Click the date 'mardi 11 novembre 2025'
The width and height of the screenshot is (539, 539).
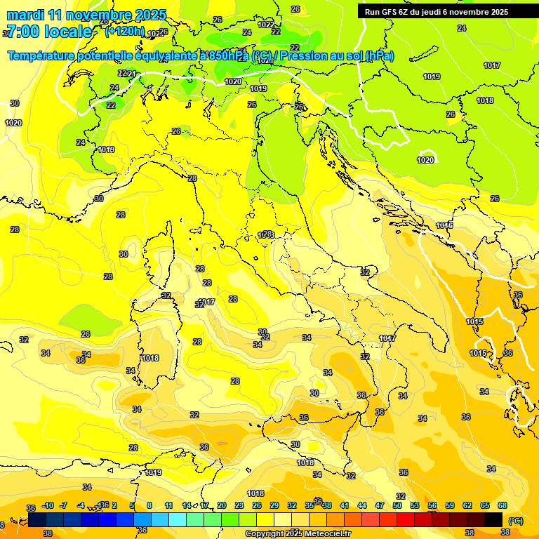click(x=86, y=15)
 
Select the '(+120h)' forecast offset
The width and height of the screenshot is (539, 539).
click(x=125, y=31)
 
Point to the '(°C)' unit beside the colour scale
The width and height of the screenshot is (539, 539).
click(x=515, y=521)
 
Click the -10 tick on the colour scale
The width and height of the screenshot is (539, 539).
click(x=48, y=505)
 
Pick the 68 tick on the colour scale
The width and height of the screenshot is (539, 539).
click(x=503, y=505)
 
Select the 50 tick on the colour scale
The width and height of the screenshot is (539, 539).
click(x=397, y=505)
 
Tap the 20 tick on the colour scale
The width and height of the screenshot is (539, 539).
click(x=222, y=505)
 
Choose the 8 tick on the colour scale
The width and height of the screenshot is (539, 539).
click(x=149, y=505)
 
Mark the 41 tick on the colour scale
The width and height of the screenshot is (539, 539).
click(x=345, y=505)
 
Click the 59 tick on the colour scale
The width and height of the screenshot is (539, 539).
click(x=450, y=505)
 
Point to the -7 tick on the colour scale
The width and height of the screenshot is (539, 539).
click(x=64, y=505)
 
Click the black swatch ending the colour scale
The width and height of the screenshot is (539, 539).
click(x=493, y=519)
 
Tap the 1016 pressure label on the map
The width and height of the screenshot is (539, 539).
click(x=444, y=225)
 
